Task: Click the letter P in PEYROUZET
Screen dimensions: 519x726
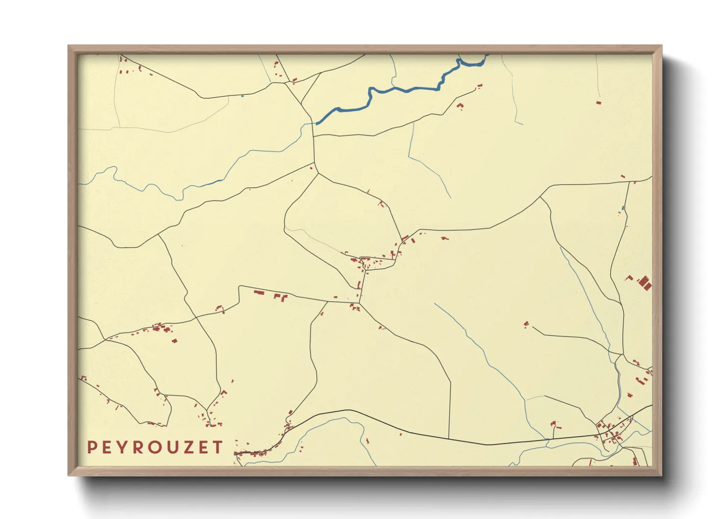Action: coord(92,447)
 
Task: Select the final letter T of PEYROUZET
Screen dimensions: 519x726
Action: coord(217,447)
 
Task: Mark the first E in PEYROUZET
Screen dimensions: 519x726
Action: coord(106,447)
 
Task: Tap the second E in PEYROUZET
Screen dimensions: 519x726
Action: coord(202,447)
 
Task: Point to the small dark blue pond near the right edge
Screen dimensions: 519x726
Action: coord(623,208)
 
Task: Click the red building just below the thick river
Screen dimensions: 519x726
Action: coord(460,105)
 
